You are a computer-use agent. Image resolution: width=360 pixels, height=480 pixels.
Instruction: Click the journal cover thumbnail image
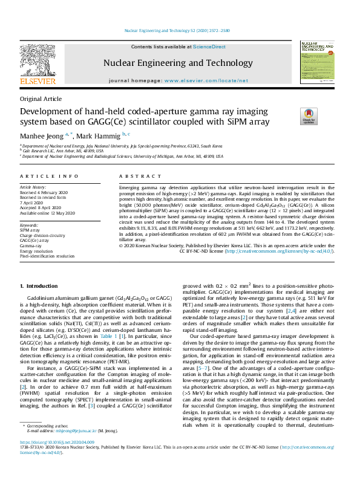317,62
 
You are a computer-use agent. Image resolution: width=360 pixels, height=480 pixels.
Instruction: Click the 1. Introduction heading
40,285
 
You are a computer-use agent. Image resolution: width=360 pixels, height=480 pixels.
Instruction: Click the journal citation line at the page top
180,30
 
